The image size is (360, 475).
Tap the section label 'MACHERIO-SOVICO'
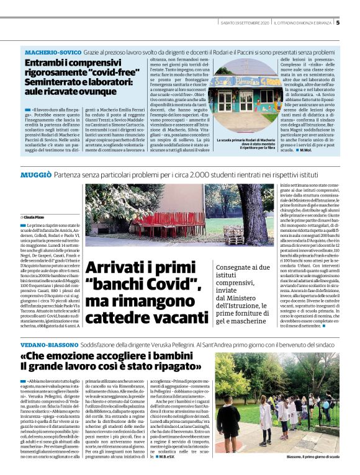pos(50,51)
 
